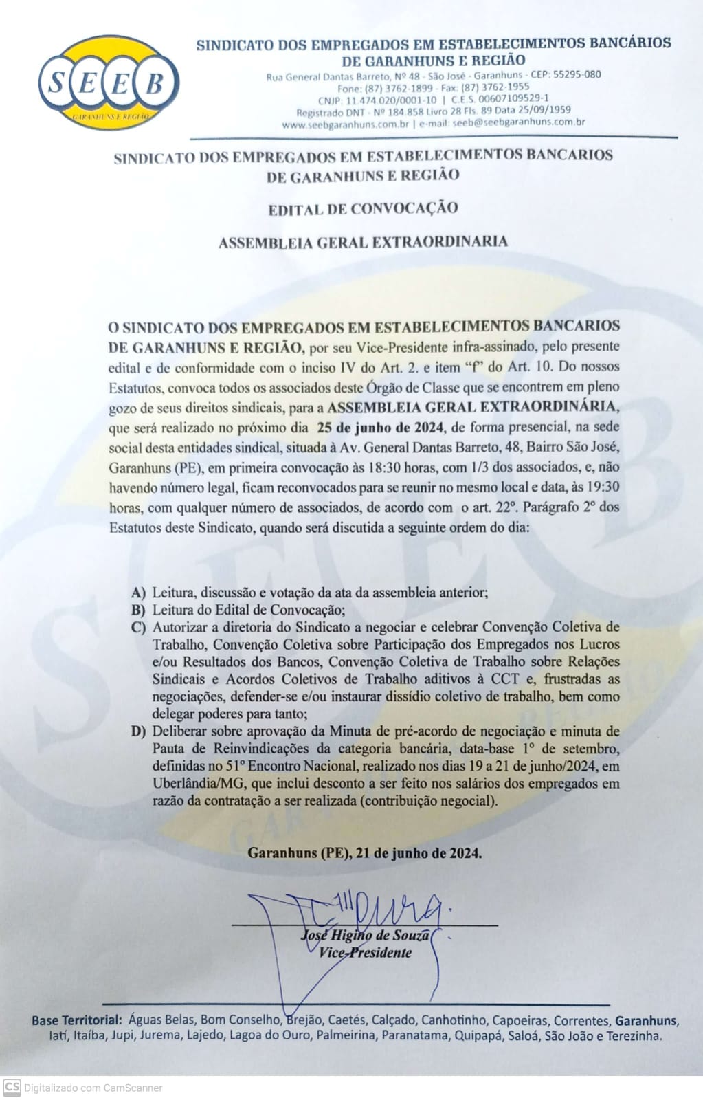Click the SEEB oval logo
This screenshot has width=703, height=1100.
coord(109,83)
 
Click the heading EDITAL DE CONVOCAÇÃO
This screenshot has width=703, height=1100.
coord(363,209)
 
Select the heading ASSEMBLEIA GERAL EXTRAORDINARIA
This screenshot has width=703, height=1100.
coord(363,242)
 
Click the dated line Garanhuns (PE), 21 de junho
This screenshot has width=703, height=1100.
coord(364,854)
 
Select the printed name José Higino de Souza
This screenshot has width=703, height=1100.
coord(365,936)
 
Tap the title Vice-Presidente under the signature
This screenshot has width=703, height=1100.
coord(365,953)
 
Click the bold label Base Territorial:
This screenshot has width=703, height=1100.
coord(77,1021)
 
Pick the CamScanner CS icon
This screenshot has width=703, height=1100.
coord(12,1088)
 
